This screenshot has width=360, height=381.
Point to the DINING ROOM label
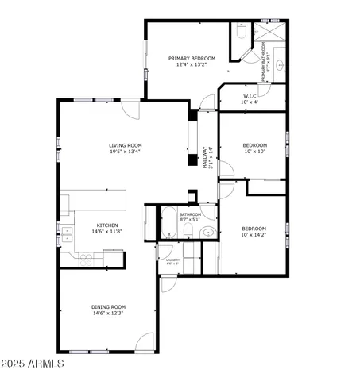click(x=107, y=306)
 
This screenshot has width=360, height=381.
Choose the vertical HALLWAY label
click(x=206, y=155)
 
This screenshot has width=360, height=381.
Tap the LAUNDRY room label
click(x=172, y=260)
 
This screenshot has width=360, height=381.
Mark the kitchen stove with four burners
click(x=86, y=257)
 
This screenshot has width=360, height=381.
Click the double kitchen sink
click(x=68, y=234)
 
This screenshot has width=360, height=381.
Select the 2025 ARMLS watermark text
click(x=33, y=364)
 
